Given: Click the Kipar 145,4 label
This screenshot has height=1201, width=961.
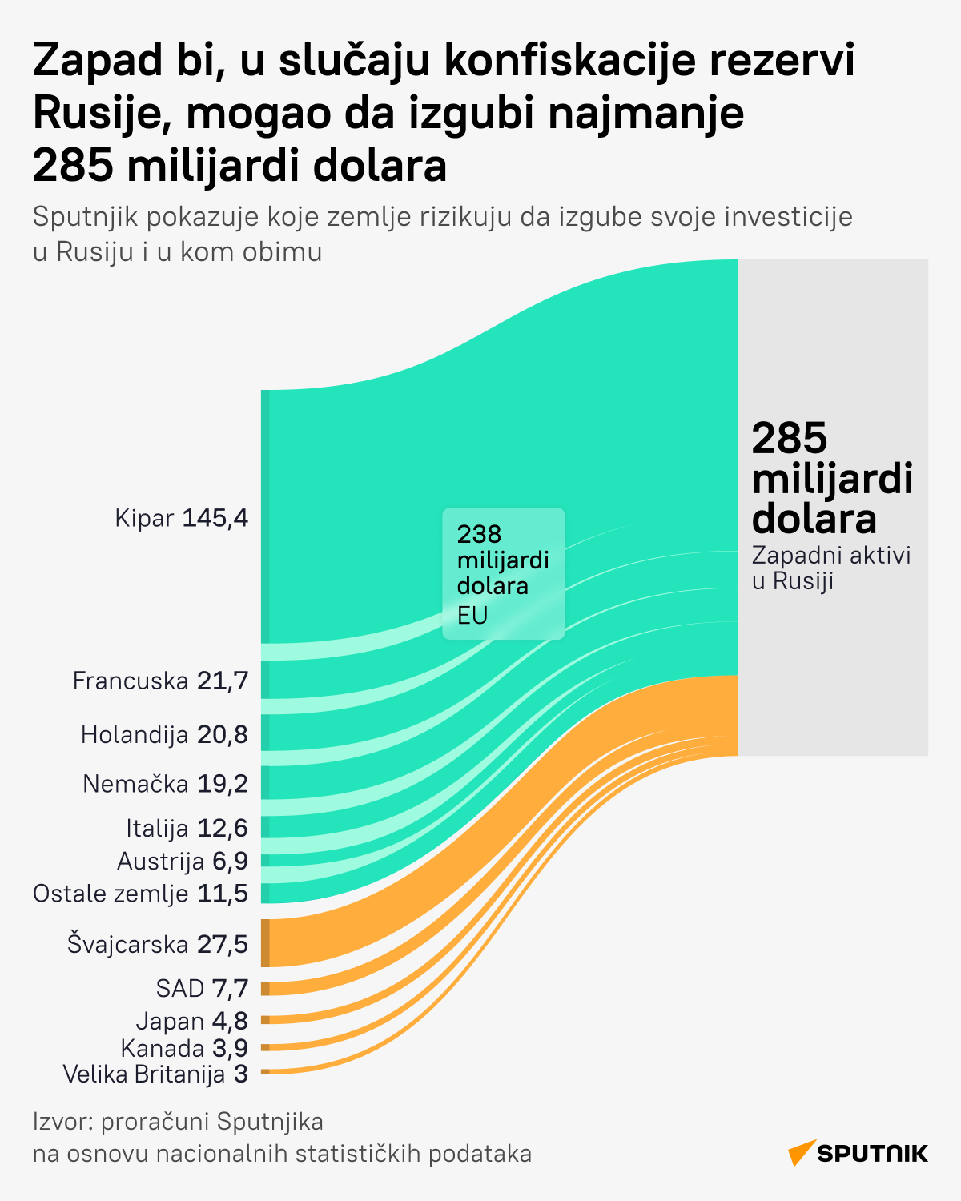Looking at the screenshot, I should pos(182,518).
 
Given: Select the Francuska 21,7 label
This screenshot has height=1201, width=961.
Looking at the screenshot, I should pos(160,681).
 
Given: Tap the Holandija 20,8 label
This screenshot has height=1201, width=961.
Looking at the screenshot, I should pos(164,734).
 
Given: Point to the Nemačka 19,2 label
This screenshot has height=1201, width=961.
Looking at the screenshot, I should pos(165,783).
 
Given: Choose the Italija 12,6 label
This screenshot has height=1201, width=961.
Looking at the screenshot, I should pos(187,827).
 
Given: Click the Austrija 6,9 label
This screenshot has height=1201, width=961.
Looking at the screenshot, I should pos(183,861).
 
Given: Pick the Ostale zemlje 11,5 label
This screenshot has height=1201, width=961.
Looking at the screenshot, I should pos(141,893).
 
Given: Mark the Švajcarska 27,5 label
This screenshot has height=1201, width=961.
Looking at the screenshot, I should pos(158,944).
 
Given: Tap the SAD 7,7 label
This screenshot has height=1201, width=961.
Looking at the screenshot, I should pos(202,988).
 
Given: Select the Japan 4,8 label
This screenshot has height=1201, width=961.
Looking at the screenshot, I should pos(192,1021).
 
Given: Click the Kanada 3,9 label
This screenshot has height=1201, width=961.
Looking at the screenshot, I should pos(184,1047).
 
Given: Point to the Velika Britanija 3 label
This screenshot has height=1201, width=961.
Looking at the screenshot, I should pos(155,1074).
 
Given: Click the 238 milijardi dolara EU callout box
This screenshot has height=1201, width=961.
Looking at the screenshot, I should pos(503,573).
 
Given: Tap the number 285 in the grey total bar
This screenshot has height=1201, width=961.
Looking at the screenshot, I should pos(790,438).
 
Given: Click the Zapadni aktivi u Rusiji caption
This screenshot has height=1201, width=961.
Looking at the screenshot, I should pos(831,568).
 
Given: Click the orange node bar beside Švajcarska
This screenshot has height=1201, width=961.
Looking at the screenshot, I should pos(265,943).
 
